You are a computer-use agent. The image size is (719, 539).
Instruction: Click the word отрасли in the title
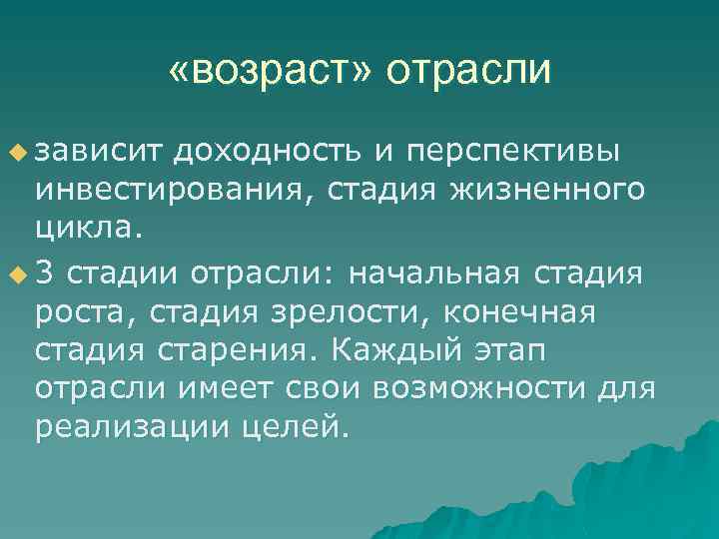468,71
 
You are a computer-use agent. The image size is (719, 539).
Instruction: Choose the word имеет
243,391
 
